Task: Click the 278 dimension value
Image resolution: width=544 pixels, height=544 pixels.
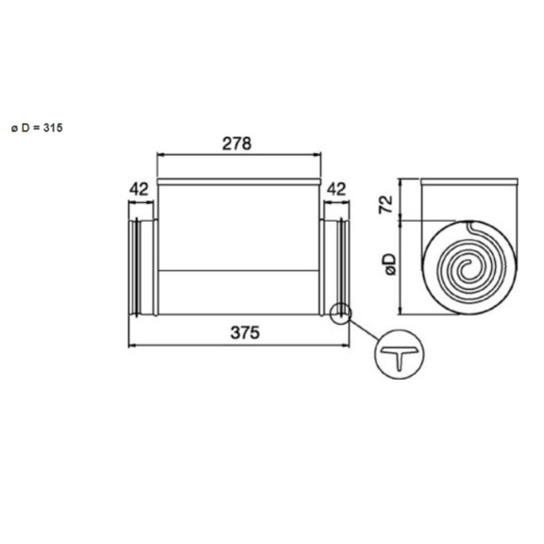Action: tap(236, 144)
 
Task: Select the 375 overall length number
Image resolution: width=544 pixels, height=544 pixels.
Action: tap(243, 332)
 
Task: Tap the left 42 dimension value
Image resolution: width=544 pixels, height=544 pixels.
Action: tap(140, 189)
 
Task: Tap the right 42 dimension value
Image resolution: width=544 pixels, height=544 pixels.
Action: tap(335, 189)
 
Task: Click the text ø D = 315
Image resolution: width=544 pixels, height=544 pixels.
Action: tap(37, 127)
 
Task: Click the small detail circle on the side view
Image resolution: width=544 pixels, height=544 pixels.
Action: tap(340, 313)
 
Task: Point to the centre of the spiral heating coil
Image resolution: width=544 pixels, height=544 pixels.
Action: tap(467, 269)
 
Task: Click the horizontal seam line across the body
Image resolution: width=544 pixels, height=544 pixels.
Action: tap(238, 271)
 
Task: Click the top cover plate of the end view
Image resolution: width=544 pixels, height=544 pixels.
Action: tap(469, 181)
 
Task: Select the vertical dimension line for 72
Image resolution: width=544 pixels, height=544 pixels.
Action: tap(403, 200)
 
